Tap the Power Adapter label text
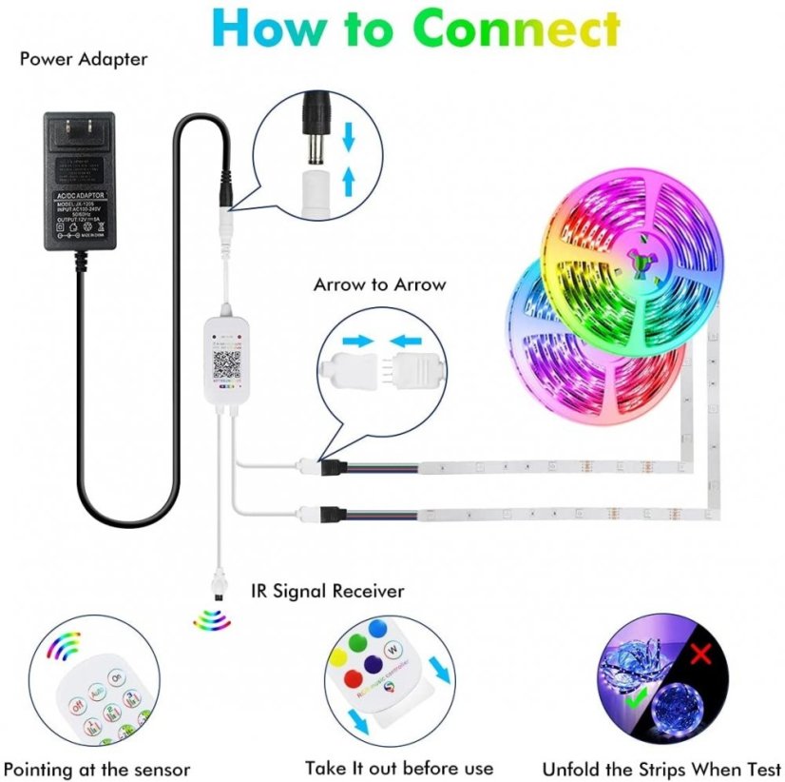(84, 59)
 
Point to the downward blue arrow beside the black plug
(348, 138)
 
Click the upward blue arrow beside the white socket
(348, 177)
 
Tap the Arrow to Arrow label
(379, 283)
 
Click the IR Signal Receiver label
(327, 591)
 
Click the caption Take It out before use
(399, 768)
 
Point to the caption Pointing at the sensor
(97, 769)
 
